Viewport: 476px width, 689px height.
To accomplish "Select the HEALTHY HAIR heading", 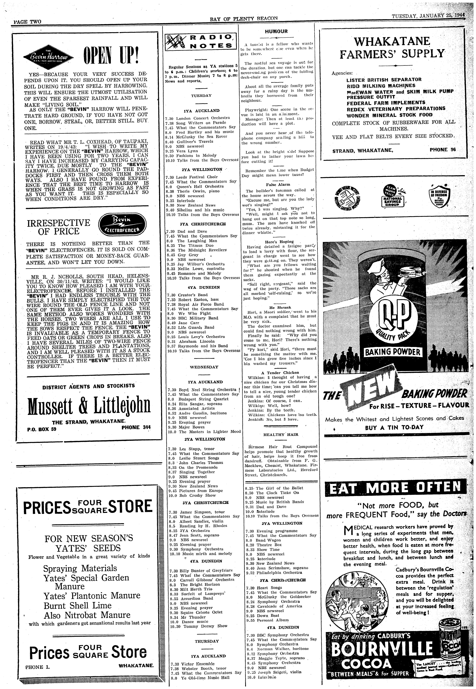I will point(276,435).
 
